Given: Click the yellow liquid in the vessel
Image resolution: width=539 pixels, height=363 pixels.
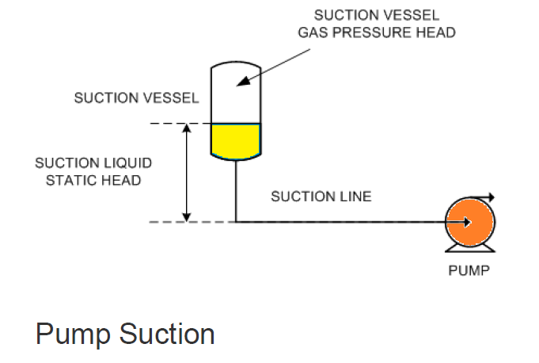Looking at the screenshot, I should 235,139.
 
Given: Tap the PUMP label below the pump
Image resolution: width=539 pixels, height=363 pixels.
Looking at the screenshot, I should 469,269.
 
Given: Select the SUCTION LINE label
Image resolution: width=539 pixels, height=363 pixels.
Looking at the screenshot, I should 321,197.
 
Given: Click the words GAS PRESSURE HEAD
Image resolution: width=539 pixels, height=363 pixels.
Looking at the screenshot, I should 376,32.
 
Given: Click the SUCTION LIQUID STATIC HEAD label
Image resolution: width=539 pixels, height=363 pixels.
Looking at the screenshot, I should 93,171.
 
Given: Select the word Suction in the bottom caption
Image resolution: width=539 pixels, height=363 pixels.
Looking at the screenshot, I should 167,334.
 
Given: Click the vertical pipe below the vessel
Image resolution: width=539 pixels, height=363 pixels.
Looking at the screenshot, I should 235,190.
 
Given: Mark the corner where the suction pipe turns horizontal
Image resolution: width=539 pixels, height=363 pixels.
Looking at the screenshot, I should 235,222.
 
